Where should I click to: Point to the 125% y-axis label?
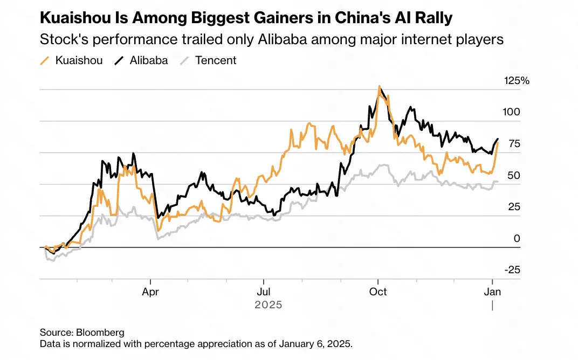click(517, 81)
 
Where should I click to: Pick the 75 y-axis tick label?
click(514, 144)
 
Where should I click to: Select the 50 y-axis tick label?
click(514, 176)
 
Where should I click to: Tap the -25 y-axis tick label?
click(513, 269)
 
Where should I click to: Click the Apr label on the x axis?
click(150, 292)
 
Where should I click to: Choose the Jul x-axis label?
click(263, 292)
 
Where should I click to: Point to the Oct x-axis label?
click(378, 292)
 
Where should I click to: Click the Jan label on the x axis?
click(492, 292)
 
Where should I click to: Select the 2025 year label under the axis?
click(269, 304)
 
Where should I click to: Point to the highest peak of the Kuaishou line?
click(380, 86)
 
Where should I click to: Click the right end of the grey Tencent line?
click(498, 181)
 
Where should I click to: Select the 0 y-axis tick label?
click(517, 238)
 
